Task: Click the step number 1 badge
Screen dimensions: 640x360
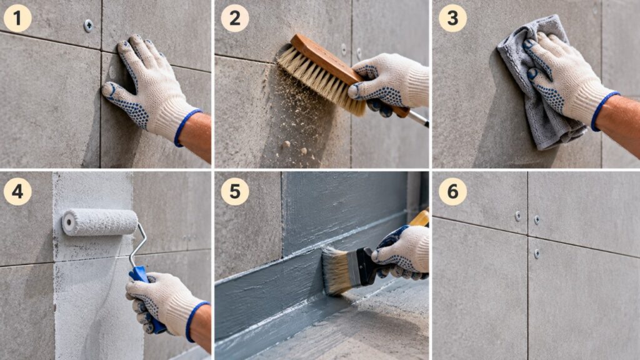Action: click(x=17, y=18)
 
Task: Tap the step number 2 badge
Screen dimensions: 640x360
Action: click(x=235, y=18)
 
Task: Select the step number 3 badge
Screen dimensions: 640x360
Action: click(x=452, y=18)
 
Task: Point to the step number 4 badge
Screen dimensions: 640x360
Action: click(x=17, y=191)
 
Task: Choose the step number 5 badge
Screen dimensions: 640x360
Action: click(x=235, y=191)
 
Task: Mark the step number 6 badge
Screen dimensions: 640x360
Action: click(x=452, y=191)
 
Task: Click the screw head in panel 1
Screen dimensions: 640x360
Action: click(x=88, y=26)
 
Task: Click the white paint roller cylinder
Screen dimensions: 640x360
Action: click(x=100, y=222)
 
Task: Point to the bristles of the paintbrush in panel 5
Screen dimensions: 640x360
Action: click(x=335, y=270)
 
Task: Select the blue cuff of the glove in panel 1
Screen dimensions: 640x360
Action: click(x=187, y=127)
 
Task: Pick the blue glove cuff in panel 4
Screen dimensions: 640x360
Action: click(x=197, y=321)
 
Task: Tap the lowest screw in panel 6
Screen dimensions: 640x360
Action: click(x=537, y=254)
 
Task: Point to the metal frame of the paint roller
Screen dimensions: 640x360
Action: click(x=138, y=245)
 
